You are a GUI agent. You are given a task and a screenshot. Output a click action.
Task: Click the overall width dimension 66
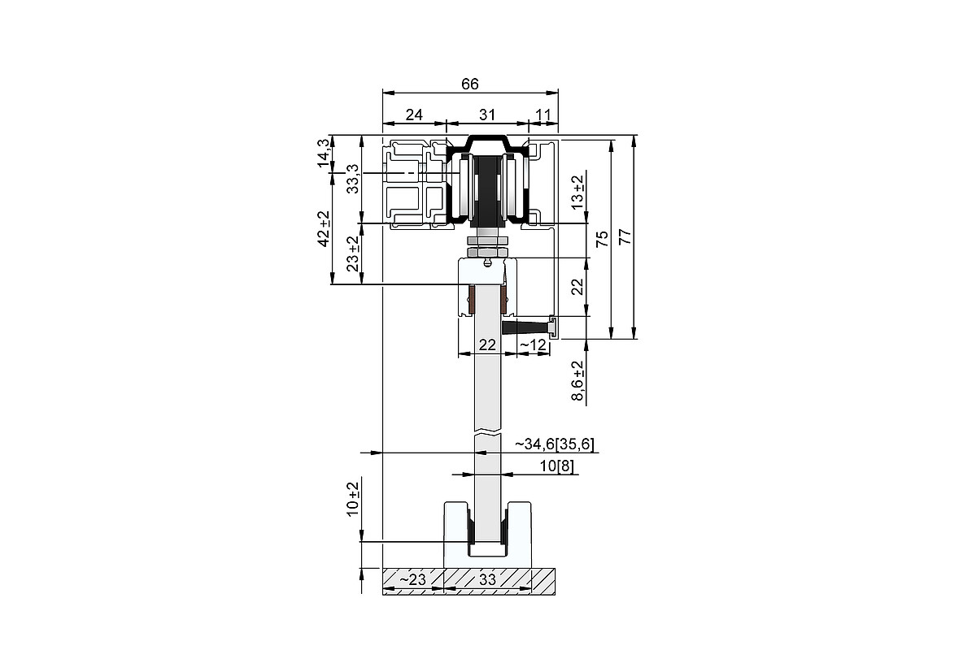click(470, 84)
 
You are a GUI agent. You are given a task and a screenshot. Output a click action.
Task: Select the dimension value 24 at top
click(414, 115)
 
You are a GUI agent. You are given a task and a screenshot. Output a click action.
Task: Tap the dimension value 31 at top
click(486, 115)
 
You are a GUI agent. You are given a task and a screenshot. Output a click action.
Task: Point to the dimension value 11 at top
click(543, 115)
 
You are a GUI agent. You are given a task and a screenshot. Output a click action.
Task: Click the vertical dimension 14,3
click(324, 153)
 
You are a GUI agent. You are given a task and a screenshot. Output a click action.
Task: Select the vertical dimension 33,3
click(352, 179)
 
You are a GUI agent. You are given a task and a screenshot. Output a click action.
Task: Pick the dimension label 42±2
click(324, 229)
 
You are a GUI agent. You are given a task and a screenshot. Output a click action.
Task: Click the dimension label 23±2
click(352, 253)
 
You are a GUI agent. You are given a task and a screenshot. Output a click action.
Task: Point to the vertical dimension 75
click(602, 239)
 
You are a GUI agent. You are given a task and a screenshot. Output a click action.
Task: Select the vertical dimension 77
click(625, 236)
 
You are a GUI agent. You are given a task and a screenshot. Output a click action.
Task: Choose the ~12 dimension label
click(533, 344)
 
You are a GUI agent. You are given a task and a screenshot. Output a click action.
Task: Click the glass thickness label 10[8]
click(557, 466)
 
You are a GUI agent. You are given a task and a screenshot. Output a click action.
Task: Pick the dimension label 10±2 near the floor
click(352, 499)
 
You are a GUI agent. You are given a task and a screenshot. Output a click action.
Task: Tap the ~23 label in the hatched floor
click(412, 579)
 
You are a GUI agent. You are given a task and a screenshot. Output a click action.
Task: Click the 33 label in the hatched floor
click(487, 579)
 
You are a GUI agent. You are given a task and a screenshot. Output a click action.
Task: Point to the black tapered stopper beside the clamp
click(525, 327)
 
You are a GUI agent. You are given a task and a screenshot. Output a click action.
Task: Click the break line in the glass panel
click(488, 435)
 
